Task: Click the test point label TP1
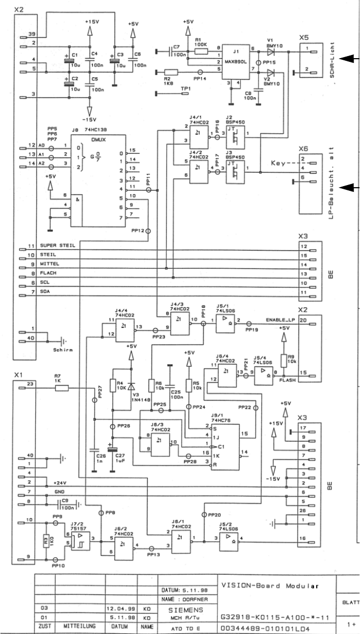pos(186,89)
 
